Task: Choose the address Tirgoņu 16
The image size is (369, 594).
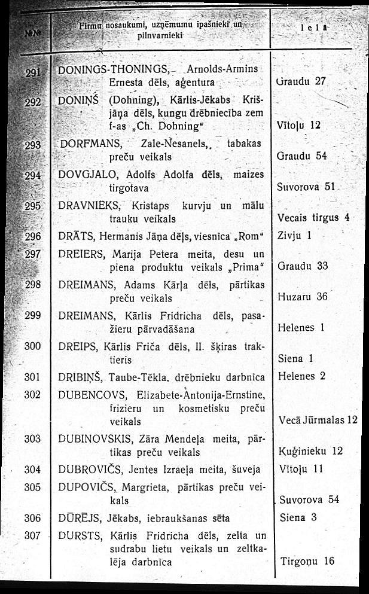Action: click(x=307, y=561)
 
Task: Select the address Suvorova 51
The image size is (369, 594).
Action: click(x=306, y=187)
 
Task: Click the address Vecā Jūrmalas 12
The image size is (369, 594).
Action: click(x=318, y=420)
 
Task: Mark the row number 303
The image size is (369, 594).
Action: click(x=32, y=439)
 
